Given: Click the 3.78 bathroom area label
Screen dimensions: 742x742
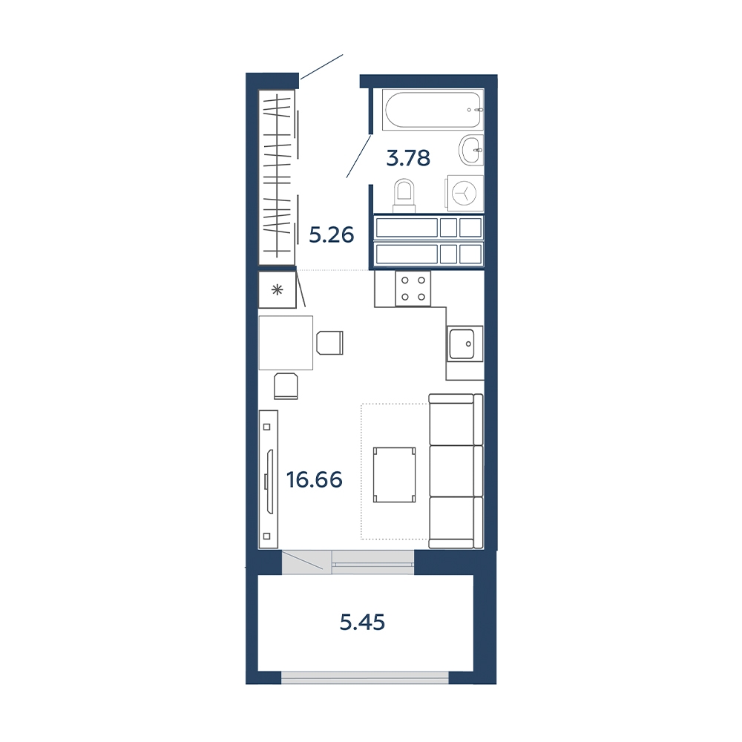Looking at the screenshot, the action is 408,158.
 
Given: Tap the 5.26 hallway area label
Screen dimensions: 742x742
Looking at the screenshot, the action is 331,234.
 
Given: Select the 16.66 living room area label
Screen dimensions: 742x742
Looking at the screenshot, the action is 314,480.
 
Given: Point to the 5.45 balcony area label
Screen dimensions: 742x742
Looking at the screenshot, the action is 363,623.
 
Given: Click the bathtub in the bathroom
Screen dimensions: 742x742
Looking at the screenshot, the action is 433,109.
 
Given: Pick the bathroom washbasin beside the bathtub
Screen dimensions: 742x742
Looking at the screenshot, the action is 471,150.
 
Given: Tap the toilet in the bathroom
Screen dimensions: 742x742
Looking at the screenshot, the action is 404,195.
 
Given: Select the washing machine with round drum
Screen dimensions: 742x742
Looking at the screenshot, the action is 464,193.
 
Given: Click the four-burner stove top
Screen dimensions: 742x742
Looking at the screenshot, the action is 413,289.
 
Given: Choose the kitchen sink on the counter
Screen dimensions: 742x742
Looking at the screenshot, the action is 464,344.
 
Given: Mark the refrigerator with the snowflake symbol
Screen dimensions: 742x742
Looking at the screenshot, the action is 278,289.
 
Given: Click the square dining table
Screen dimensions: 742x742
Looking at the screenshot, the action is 286,343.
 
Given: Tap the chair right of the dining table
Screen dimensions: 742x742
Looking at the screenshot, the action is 329,343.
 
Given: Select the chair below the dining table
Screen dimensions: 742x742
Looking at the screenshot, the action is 286,386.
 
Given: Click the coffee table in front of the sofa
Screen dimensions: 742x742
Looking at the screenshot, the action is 394,475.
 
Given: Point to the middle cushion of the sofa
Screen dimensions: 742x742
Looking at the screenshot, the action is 456,471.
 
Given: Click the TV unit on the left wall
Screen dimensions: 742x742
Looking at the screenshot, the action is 268,479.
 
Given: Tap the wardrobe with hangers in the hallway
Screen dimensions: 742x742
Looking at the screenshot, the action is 277,177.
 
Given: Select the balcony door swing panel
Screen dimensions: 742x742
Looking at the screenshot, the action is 303,562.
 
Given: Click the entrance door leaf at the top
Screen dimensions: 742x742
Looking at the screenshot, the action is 321,67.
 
